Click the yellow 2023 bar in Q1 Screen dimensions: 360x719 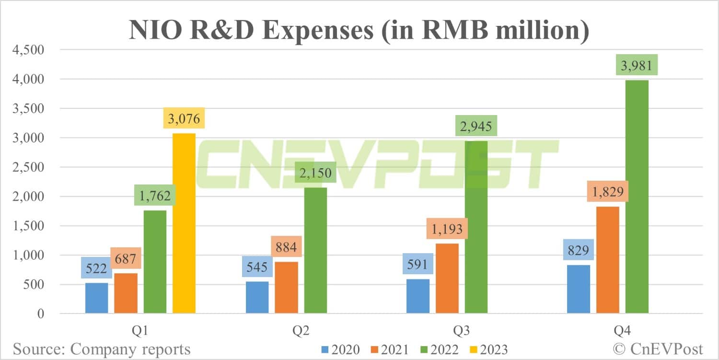coord(184,223)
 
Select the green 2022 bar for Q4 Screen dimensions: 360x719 coord(637,197)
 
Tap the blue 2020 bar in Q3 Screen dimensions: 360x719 coord(418,296)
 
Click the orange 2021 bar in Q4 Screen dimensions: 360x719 coord(608,260)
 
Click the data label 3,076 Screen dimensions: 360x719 coord(184,118)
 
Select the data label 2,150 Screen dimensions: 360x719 coord(315,172)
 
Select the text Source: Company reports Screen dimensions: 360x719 coord(102,349)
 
